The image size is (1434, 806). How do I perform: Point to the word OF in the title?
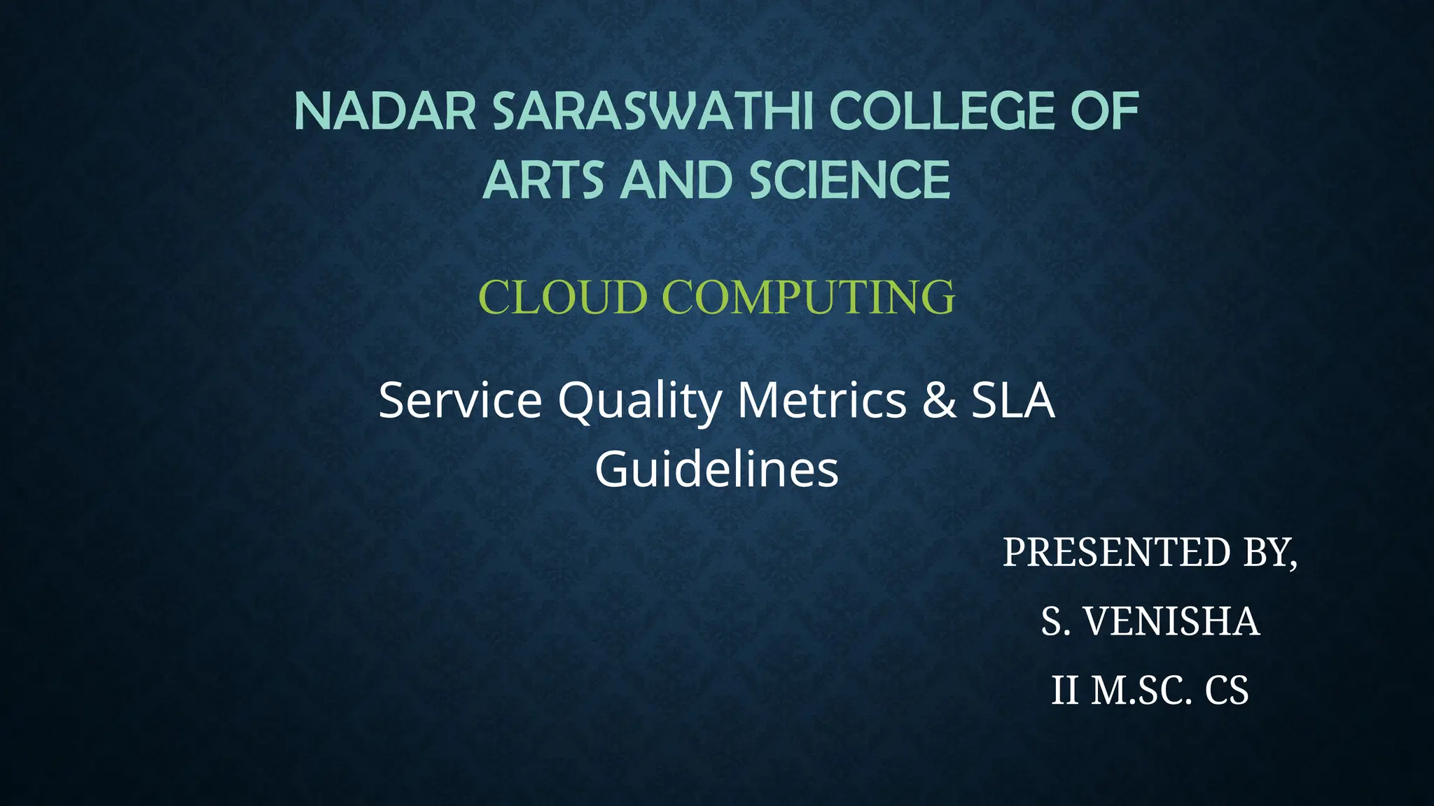coord(1106,112)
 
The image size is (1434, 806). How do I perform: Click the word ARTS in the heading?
coord(543,181)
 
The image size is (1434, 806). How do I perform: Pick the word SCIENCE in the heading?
coord(850,181)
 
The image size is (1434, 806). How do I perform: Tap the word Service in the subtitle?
coord(460,400)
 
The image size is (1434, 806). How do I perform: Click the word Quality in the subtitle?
coord(639,402)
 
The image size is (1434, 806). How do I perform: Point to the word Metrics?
coord(822,400)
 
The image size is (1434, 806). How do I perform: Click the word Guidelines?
coord(716,469)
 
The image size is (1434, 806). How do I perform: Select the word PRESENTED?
coord(1117,552)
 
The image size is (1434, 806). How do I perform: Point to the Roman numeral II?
coord(1064,691)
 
